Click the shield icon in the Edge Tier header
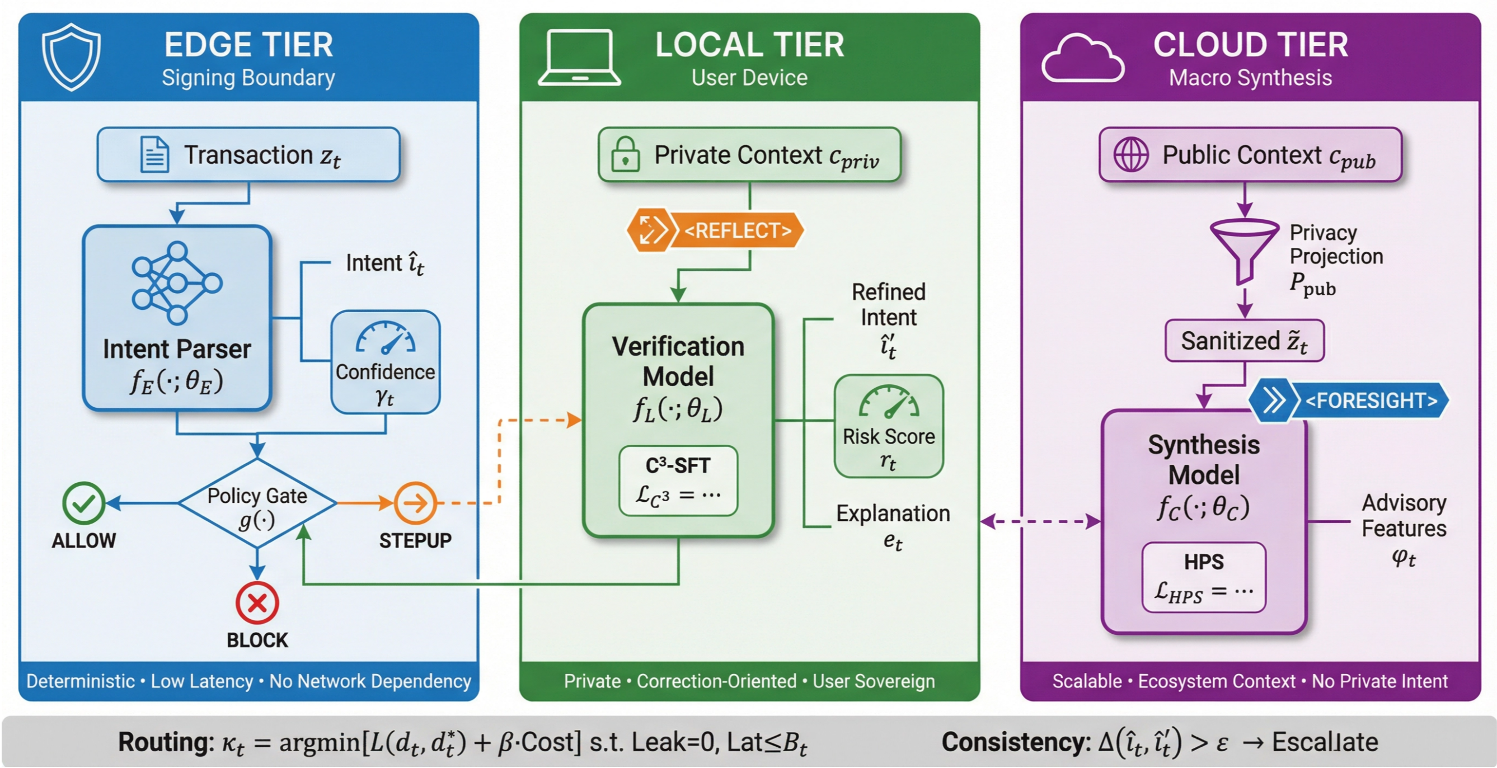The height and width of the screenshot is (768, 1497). (x=71, y=57)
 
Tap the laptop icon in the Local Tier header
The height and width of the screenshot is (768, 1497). (x=579, y=58)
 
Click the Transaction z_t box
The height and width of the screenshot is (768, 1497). (x=248, y=155)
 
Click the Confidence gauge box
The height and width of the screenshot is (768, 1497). (x=385, y=362)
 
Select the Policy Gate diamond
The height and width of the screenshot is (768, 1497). (x=257, y=503)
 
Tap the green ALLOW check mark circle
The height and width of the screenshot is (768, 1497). (x=84, y=503)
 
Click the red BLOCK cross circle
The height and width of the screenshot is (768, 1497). (x=257, y=603)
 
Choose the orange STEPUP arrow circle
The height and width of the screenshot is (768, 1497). (x=415, y=503)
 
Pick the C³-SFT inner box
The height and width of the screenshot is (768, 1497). (x=678, y=481)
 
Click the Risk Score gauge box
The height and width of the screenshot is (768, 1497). (x=889, y=426)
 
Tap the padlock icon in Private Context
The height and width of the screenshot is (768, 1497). (x=625, y=154)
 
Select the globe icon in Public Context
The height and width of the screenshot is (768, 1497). (x=1130, y=154)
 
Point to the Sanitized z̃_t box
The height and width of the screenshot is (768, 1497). (x=1244, y=341)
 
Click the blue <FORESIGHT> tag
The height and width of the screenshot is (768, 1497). (x=1349, y=401)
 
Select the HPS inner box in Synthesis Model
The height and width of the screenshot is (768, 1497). (x=1204, y=577)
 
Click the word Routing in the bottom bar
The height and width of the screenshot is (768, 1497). (x=166, y=742)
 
